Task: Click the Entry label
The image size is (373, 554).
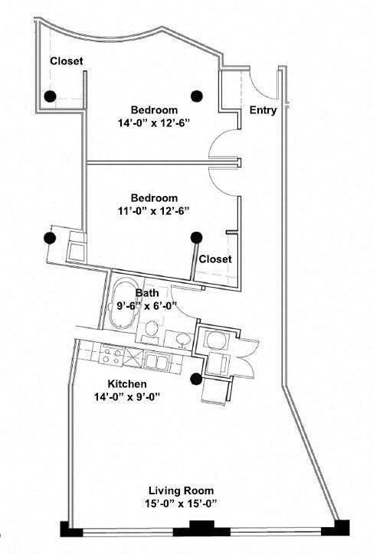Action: (263, 111)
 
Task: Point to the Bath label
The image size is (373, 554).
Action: (147, 293)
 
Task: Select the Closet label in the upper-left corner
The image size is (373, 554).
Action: (67, 61)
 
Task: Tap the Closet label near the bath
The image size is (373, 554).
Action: (215, 259)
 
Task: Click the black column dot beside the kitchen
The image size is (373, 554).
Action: (196, 378)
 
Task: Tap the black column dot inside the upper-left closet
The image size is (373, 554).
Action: (49, 96)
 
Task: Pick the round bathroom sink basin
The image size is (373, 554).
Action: (182, 340)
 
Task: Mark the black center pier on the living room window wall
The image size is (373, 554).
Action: (201, 529)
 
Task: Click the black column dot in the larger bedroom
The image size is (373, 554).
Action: (197, 96)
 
